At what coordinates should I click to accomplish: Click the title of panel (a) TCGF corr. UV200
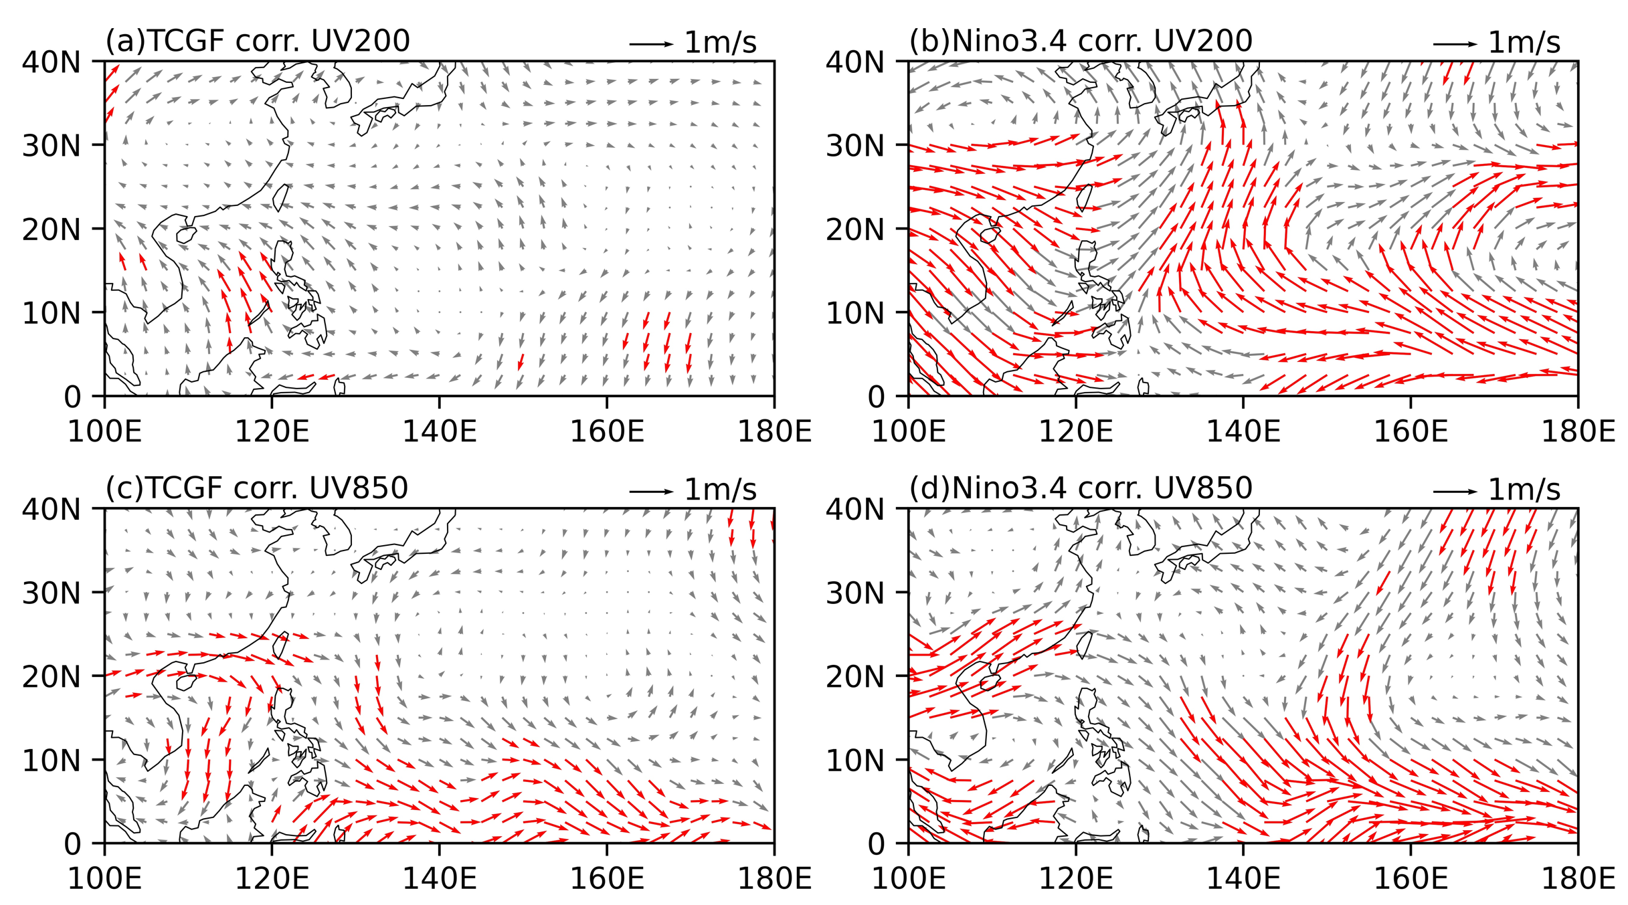pos(258,41)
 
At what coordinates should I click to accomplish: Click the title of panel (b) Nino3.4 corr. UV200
pos(1081,41)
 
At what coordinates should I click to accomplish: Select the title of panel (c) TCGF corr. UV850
pos(257,488)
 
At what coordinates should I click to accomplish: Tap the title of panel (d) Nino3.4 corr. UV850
pos(1081,488)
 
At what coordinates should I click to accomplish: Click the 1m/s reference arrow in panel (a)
pos(651,44)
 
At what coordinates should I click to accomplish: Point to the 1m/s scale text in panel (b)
pos(1524,43)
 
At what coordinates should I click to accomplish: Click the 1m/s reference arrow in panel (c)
pos(651,492)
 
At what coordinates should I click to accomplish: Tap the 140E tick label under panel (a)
pos(440,432)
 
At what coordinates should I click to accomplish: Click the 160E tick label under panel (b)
pos(1411,432)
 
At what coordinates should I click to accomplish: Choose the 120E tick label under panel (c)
pos(272,879)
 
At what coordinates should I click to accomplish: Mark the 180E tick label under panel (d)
pos(1578,879)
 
